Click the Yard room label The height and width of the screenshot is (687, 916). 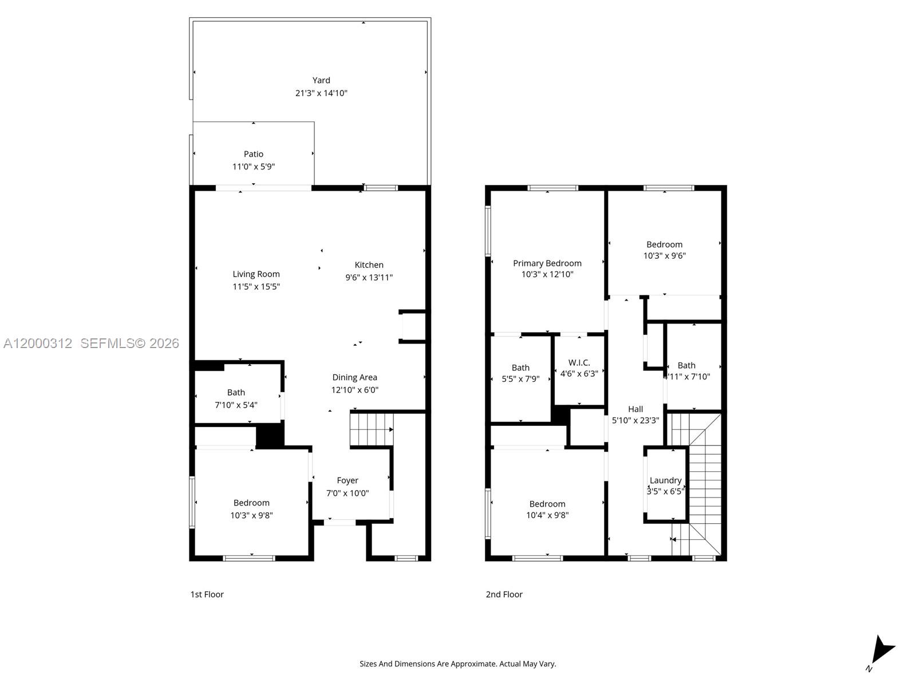coord(321,80)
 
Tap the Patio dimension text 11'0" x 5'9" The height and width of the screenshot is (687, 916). coord(254,167)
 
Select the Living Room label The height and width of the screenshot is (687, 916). coord(256,274)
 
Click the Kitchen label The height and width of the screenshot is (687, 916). coord(369,265)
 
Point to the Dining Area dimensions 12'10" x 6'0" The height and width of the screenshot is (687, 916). coord(354,390)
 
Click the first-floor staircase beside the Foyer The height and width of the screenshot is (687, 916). coord(371,430)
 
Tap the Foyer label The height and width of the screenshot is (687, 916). coord(348,480)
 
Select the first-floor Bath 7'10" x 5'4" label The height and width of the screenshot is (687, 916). coord(236,393)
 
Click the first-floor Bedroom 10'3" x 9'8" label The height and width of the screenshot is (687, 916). coord(251,503)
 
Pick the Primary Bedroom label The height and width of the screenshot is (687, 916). coord(547,263)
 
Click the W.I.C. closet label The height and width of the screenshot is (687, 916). coord(579,363)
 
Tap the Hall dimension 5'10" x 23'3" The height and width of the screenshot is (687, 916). coord(635,420)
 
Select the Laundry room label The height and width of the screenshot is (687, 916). coord(665,480)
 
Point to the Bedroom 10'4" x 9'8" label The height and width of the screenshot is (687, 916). coord(547,504)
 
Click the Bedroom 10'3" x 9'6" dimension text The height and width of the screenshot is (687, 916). coord(664,256)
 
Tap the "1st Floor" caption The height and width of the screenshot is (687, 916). coord(207,594)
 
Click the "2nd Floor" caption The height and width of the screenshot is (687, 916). coord(504,594)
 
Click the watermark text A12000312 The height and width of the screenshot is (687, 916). coord(38,343)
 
